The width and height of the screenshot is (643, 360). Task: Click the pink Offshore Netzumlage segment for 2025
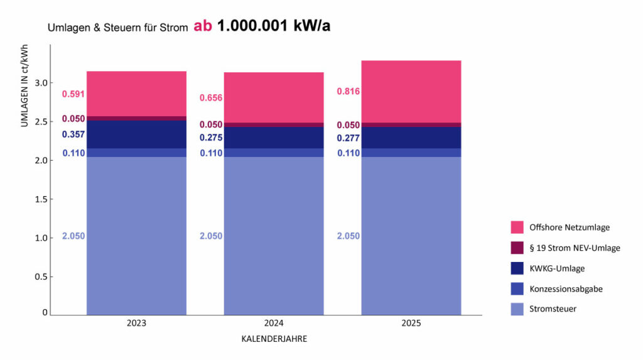(411, 91)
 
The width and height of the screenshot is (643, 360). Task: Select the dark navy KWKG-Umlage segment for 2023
(136, 134)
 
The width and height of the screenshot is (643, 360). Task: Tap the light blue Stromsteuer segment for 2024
(274, 236)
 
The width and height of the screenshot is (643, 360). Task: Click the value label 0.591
(73, 94)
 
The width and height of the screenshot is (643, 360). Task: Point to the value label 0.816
(349, 91)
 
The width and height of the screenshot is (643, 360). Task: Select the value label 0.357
(73, 134)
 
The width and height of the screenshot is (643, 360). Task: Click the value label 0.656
(211, 98)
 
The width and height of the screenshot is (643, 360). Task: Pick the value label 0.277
(349, 138)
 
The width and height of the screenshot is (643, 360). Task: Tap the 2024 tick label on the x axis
(274, 324)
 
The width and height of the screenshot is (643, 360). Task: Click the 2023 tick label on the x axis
(136, 324)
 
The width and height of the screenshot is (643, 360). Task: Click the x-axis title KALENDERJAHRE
(274, 339)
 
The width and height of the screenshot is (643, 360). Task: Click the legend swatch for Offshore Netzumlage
(517, 227)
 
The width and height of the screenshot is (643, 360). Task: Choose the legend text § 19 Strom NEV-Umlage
(575, 248)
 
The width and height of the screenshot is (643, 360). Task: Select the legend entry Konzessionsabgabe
(566, 288)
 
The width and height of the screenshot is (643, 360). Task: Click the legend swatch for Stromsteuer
(517, 308)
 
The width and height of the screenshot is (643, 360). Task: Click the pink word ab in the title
(203, 26)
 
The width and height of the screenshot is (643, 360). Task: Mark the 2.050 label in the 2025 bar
(349, 236)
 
